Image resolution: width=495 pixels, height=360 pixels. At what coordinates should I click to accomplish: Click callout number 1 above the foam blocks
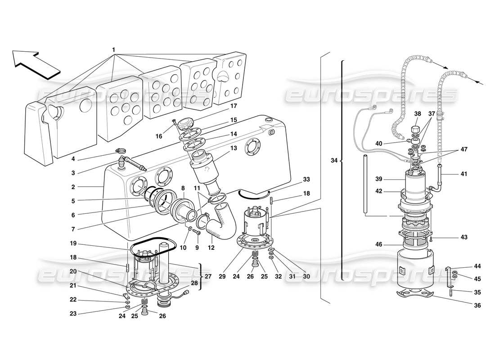114,49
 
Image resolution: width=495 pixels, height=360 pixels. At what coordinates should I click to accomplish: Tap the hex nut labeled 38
415,131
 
